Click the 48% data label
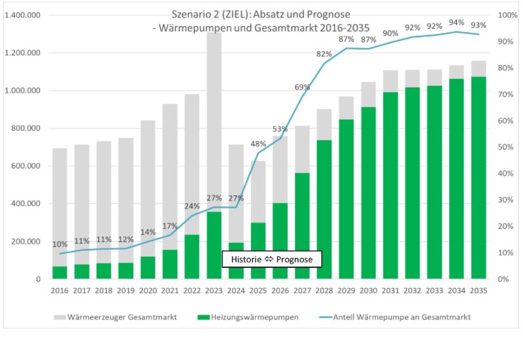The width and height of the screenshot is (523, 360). (x=258, y=144)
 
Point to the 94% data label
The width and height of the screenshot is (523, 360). (x=456, y=22)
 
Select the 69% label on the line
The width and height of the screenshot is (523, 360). (x=302, y=87)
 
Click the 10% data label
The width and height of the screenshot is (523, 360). (x=59, y=244)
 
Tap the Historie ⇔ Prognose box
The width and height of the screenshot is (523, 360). (x=272, y=259)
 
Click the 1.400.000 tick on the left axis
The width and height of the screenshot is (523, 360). (x=23, y=15)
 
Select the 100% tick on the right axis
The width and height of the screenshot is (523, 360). (x=507, y=15)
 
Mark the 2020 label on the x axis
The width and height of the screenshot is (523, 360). (x=148, y=290)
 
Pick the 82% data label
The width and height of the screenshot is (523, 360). (x=324, y=54)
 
